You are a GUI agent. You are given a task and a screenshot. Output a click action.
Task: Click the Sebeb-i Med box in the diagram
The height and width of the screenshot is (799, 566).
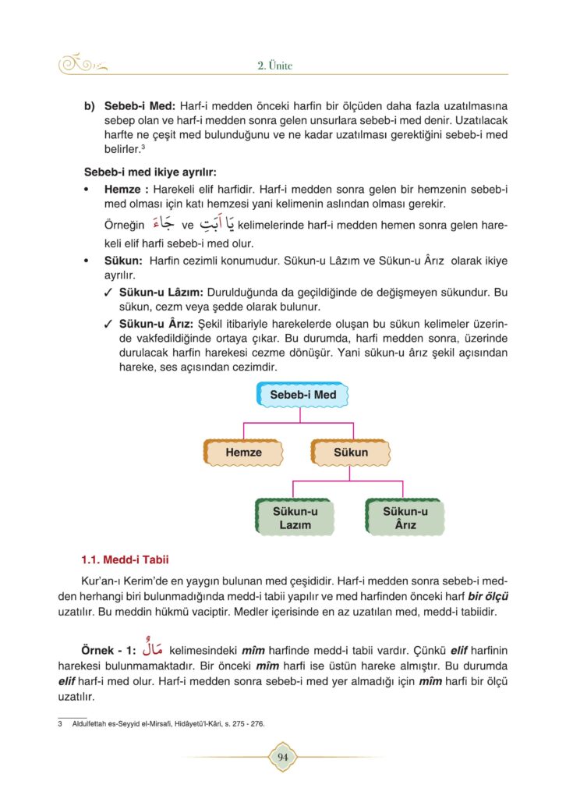pos(302,395)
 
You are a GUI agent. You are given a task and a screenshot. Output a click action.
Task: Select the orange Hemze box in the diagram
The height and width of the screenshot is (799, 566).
pos(243,453)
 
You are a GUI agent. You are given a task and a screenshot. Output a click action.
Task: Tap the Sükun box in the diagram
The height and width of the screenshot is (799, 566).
pos(351,453)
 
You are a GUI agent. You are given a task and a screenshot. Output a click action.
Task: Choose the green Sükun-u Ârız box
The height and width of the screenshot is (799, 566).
pos(405,518)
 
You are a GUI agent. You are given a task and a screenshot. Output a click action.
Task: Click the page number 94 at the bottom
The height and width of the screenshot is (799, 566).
pos(282,756)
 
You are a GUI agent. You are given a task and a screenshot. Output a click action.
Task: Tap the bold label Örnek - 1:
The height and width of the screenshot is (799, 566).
pos(109,650)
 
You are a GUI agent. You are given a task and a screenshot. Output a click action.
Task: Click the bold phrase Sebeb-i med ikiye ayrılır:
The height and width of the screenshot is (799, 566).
pos(150,172)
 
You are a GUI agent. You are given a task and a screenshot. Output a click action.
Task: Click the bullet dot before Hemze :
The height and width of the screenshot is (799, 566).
pos(87,190)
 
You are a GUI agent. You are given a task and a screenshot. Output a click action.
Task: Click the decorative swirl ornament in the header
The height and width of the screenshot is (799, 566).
pos(83,65)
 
